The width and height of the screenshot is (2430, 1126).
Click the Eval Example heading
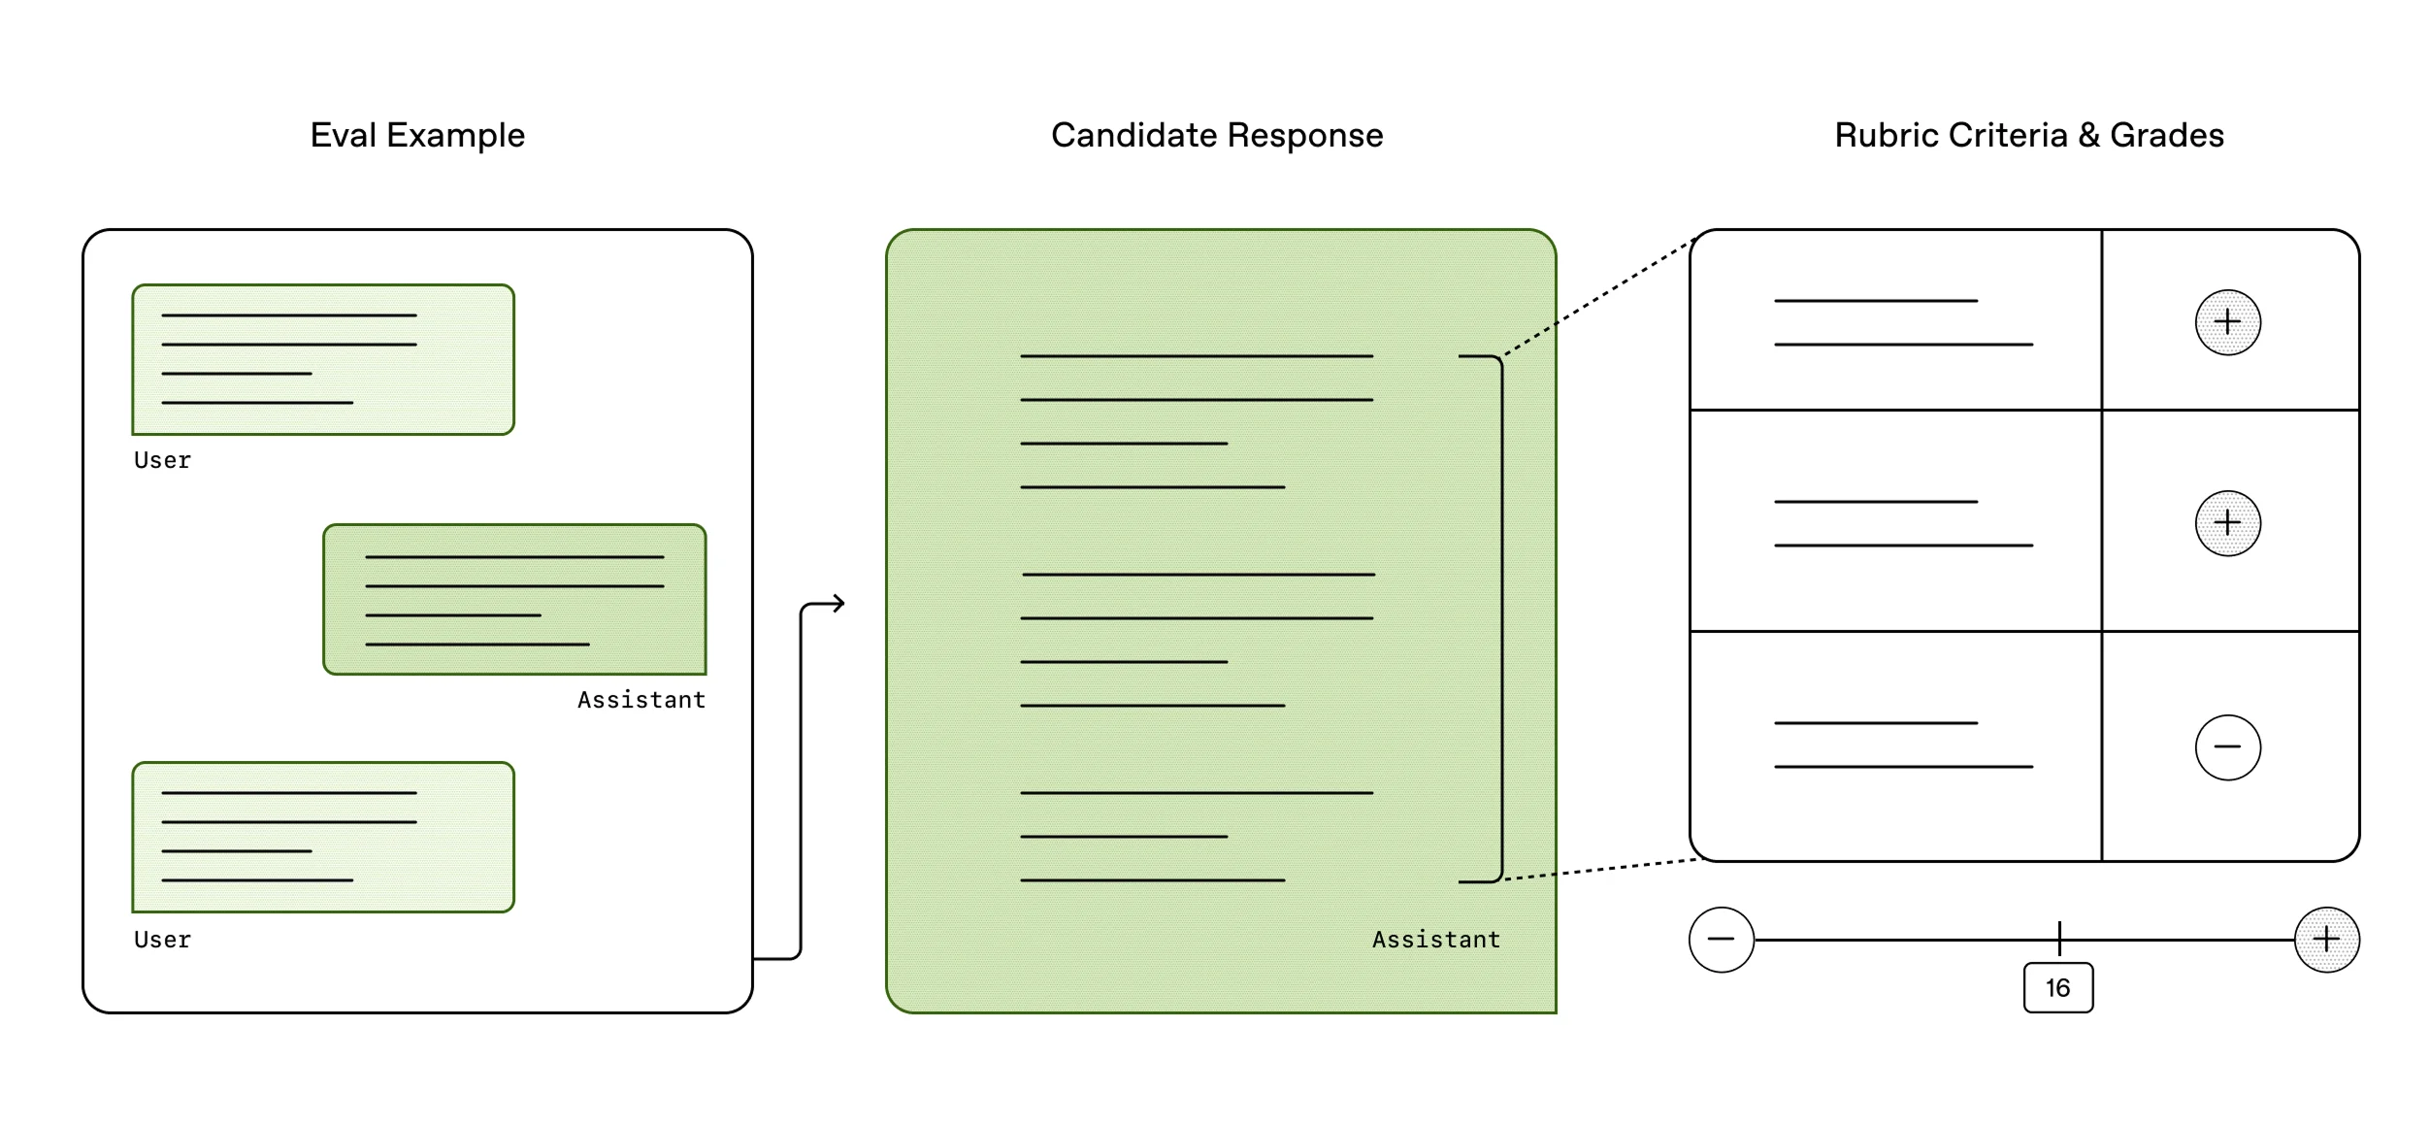point(417,135)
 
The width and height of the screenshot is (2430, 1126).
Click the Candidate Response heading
point(1217,135)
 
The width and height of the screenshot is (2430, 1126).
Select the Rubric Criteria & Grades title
point(2028,135)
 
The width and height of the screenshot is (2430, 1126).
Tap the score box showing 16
point(2057,988)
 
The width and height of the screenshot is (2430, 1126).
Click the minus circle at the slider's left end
point(1721,940)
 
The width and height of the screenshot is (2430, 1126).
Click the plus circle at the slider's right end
point(2326,940)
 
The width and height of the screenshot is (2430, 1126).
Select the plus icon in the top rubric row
point(2227,322)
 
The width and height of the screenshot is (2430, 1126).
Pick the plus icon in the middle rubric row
point(2227,523)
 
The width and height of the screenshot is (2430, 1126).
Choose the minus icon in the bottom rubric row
point(2227,747)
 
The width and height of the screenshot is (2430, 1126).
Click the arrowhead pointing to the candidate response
point(839,604)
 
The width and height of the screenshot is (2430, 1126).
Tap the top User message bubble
point(323,359)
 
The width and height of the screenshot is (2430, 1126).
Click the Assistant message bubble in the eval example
point(514,599)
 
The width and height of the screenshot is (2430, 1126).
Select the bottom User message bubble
point(323,837)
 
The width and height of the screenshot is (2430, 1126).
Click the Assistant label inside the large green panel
point(1435,940)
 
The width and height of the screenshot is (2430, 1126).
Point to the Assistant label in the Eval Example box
point(641,700)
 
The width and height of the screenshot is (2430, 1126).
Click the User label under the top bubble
point(162,460)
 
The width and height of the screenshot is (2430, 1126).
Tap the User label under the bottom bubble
point(162,940)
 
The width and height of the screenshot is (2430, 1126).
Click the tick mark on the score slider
point(2058,938)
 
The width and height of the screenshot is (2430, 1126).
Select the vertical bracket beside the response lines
point(1501,618)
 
